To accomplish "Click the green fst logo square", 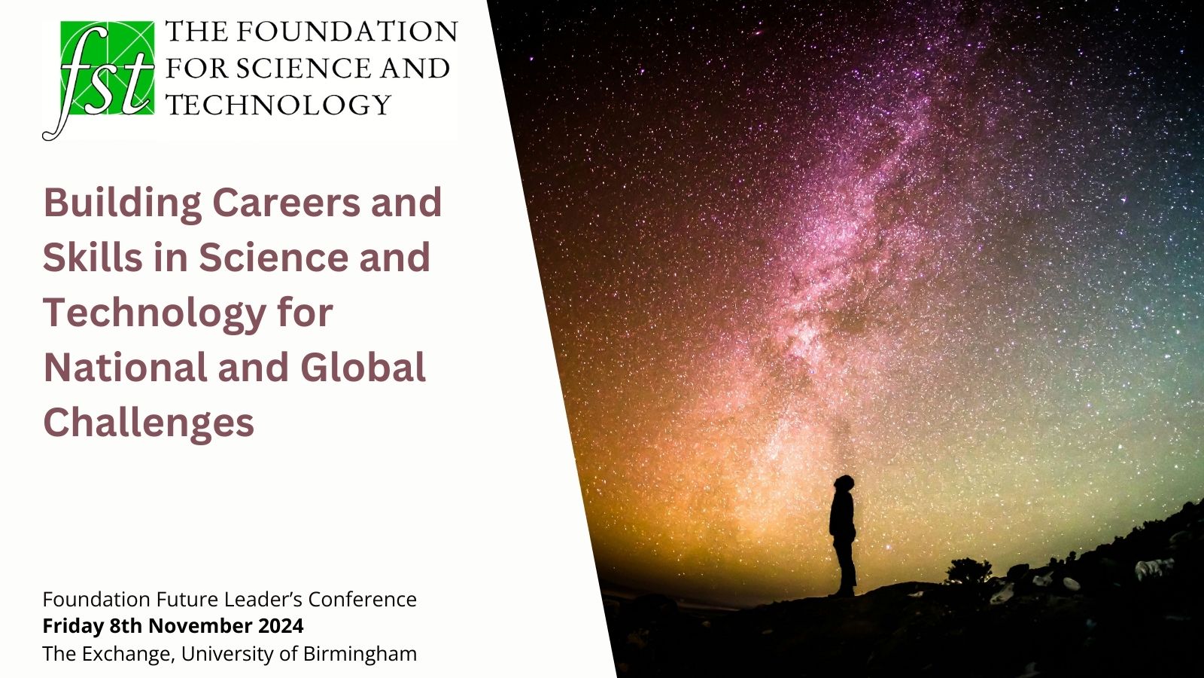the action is pos(107,68).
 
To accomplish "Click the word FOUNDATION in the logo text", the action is pos(347,31).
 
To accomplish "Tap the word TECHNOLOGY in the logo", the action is pos(278,105).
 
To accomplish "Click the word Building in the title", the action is pos(123,204).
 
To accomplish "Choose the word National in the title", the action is pos(125,367).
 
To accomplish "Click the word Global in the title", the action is pos(363,367).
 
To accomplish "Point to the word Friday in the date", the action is pos(73,627).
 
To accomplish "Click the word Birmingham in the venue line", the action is pos(360,655).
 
